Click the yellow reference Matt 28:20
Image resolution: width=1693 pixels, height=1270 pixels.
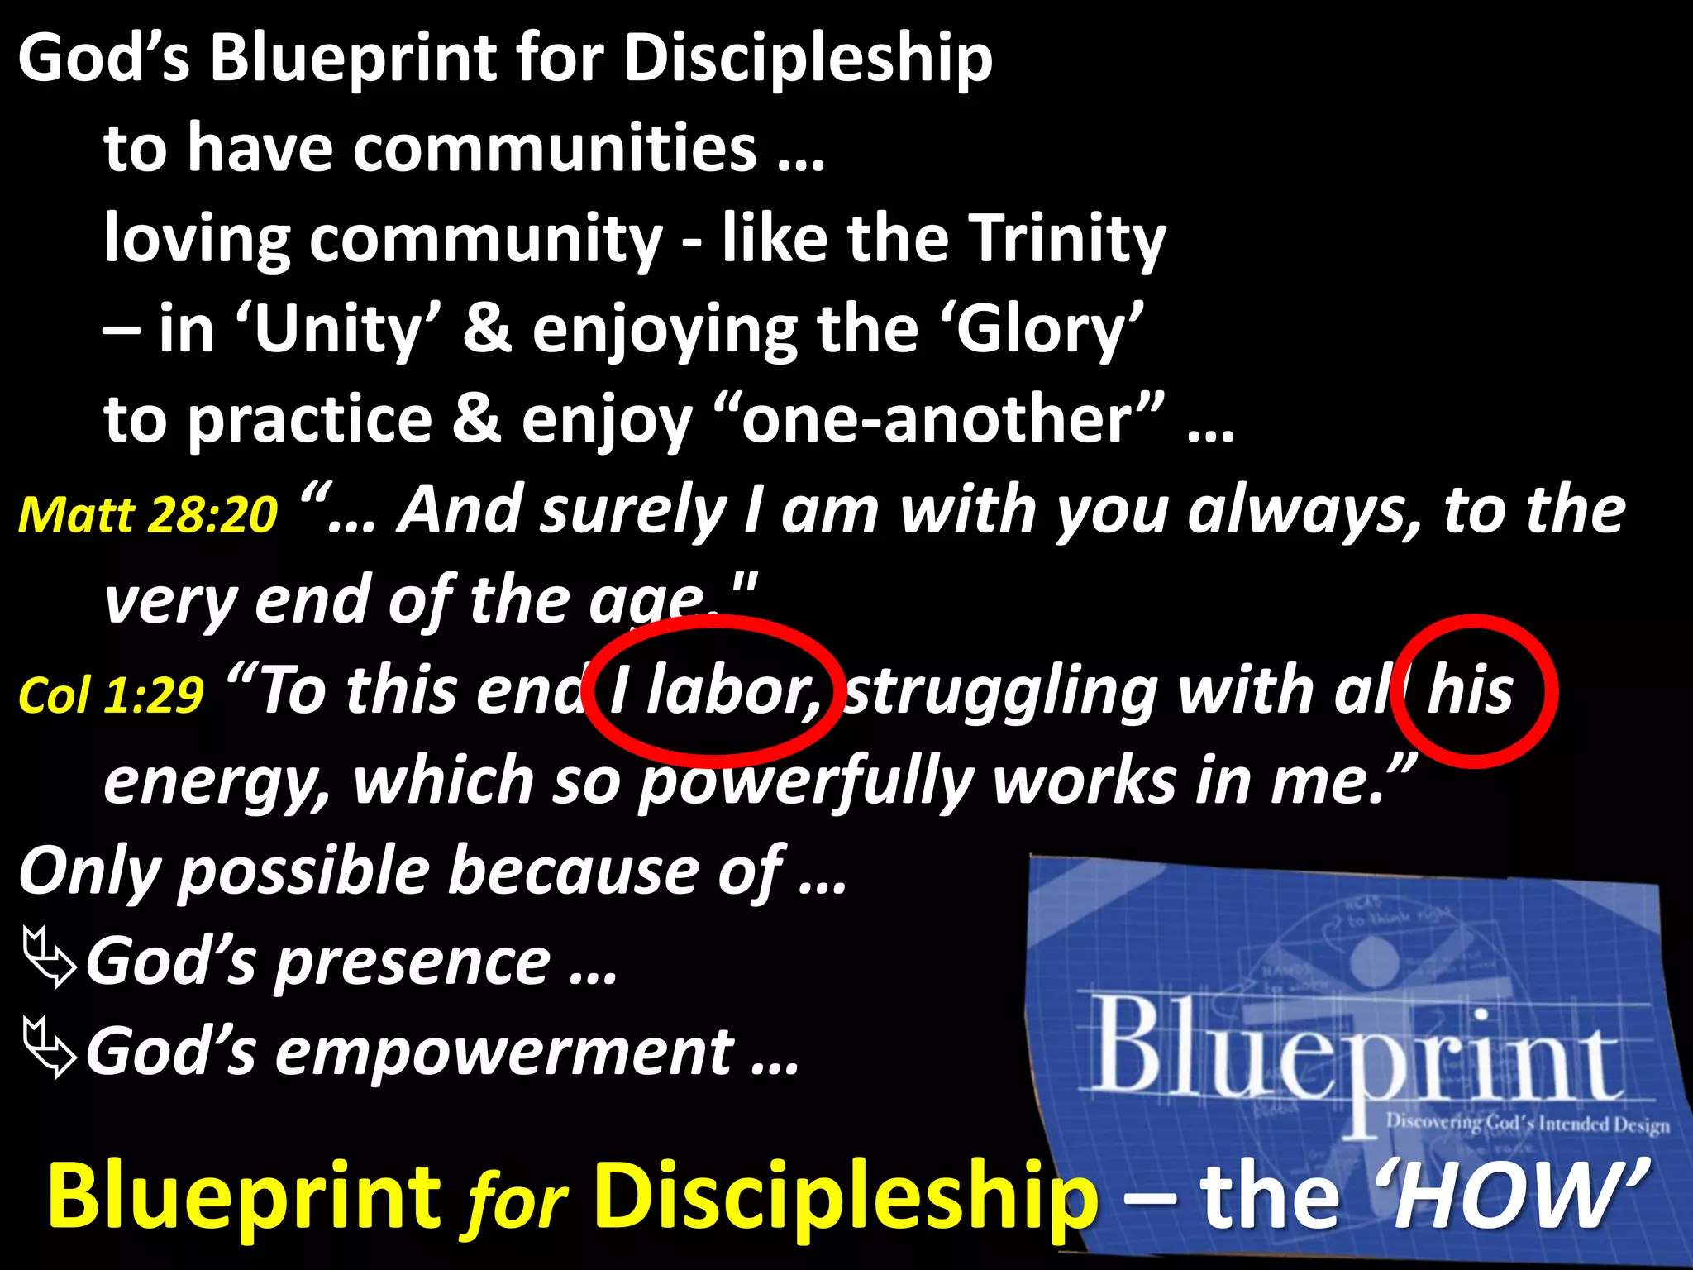pyautogui.click(x=148, y=514)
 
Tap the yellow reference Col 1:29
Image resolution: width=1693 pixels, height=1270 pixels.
pyautogui.click(x=112, y=695)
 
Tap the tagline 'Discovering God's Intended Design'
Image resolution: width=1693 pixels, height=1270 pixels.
pyautogui.click(x=1528, y=1124)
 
